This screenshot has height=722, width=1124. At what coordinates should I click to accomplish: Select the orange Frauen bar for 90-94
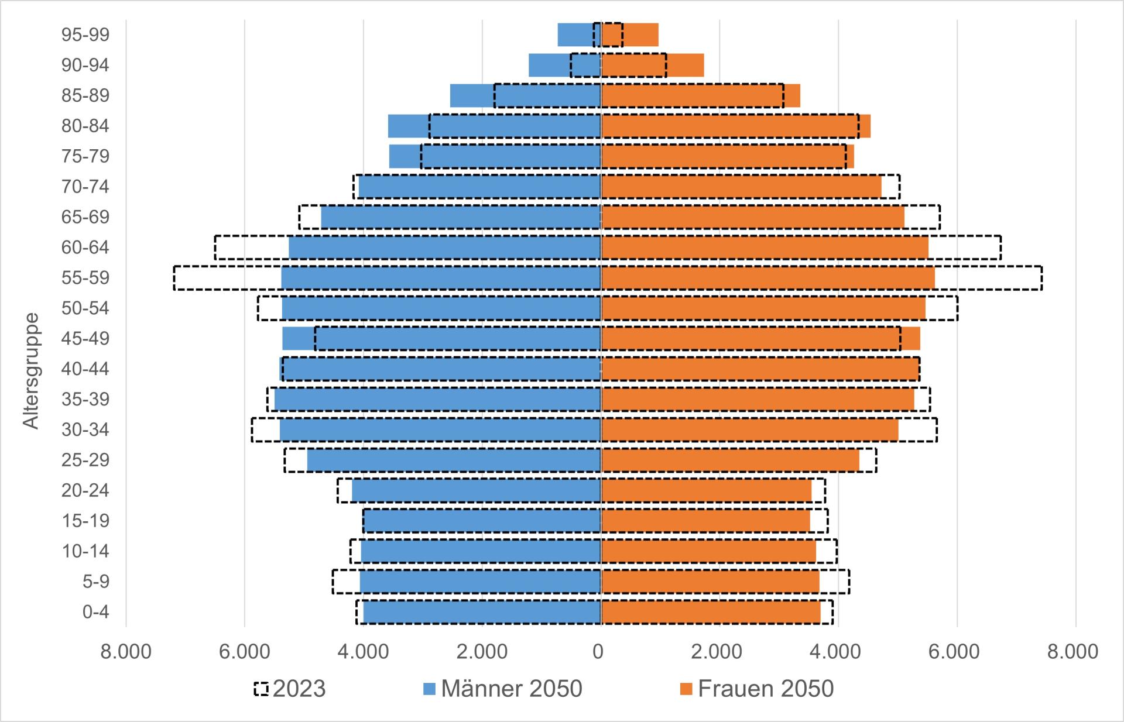(x=652, y=65)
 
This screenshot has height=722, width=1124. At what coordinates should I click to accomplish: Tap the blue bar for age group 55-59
(x=440, y=278)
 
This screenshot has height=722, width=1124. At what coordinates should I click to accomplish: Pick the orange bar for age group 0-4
(x=711, y=612)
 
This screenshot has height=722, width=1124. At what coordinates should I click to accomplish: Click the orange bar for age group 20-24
(x=706, y=490)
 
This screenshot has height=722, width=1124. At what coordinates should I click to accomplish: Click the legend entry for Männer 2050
(x=502, y=689)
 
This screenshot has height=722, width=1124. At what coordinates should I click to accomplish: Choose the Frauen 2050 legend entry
(x=756, y=689)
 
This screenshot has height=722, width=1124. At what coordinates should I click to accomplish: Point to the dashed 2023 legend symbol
(x=261, y=689)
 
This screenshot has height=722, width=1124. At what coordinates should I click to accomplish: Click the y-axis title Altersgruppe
(x=32, y=371)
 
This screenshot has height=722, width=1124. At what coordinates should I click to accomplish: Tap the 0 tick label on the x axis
(x=598, y=651)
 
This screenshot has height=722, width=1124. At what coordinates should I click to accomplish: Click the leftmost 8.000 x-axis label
(x=126, y=651)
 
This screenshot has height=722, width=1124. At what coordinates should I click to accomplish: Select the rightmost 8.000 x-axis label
(x=1073, y=651)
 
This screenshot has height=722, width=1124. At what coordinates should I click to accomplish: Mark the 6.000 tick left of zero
(x=244, y=651)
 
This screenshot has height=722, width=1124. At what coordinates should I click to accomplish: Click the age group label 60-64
(x=85, y=247)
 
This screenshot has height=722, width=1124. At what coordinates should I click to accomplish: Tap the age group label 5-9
(x=95, y=582)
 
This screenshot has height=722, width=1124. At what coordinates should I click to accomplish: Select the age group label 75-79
(x=85, y=156)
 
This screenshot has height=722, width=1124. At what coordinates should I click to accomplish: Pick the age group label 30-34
(x=85, y=429)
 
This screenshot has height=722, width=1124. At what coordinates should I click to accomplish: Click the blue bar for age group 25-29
(x=454, y=460)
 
